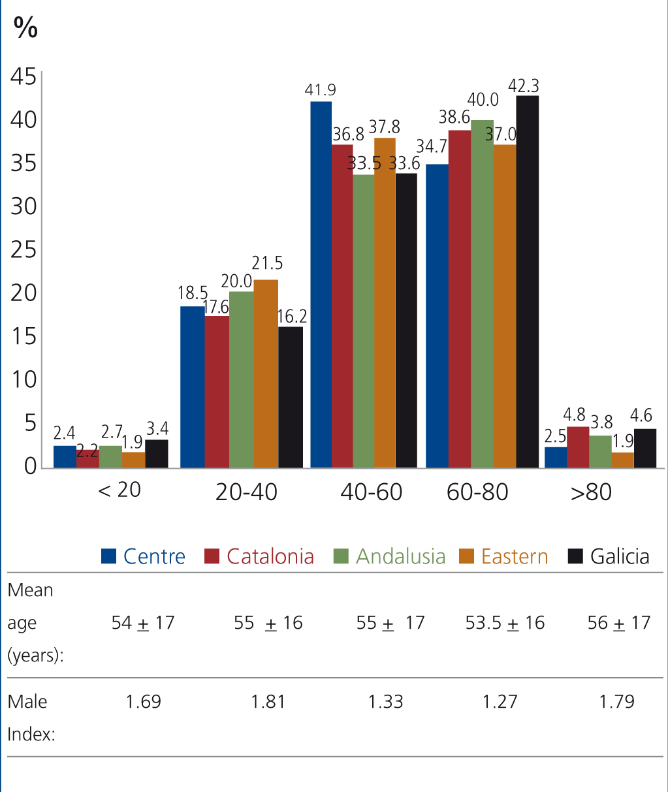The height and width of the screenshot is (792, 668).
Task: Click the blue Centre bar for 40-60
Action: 321,285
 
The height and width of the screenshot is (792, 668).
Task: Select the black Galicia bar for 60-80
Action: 527,281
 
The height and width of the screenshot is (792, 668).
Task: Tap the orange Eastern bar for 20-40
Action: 266,373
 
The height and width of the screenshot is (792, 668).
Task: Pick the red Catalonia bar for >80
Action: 578,447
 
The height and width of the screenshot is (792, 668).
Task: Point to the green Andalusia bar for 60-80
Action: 482,294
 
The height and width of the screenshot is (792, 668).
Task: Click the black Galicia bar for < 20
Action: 157,454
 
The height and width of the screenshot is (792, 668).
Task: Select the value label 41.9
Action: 320,90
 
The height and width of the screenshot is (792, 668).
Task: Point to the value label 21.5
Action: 267,263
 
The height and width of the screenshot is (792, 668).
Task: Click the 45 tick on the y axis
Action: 24,77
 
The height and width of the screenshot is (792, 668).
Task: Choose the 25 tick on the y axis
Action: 24,250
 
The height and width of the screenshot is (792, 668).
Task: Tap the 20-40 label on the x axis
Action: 246,492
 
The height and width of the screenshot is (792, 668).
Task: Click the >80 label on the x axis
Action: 591,492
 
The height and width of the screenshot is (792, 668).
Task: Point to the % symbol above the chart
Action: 25,27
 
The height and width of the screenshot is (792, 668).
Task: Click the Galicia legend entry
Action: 609,556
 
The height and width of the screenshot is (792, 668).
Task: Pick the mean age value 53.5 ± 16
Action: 505,623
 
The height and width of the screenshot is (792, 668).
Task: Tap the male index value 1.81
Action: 268,701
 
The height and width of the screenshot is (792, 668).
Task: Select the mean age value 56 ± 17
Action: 618,623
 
